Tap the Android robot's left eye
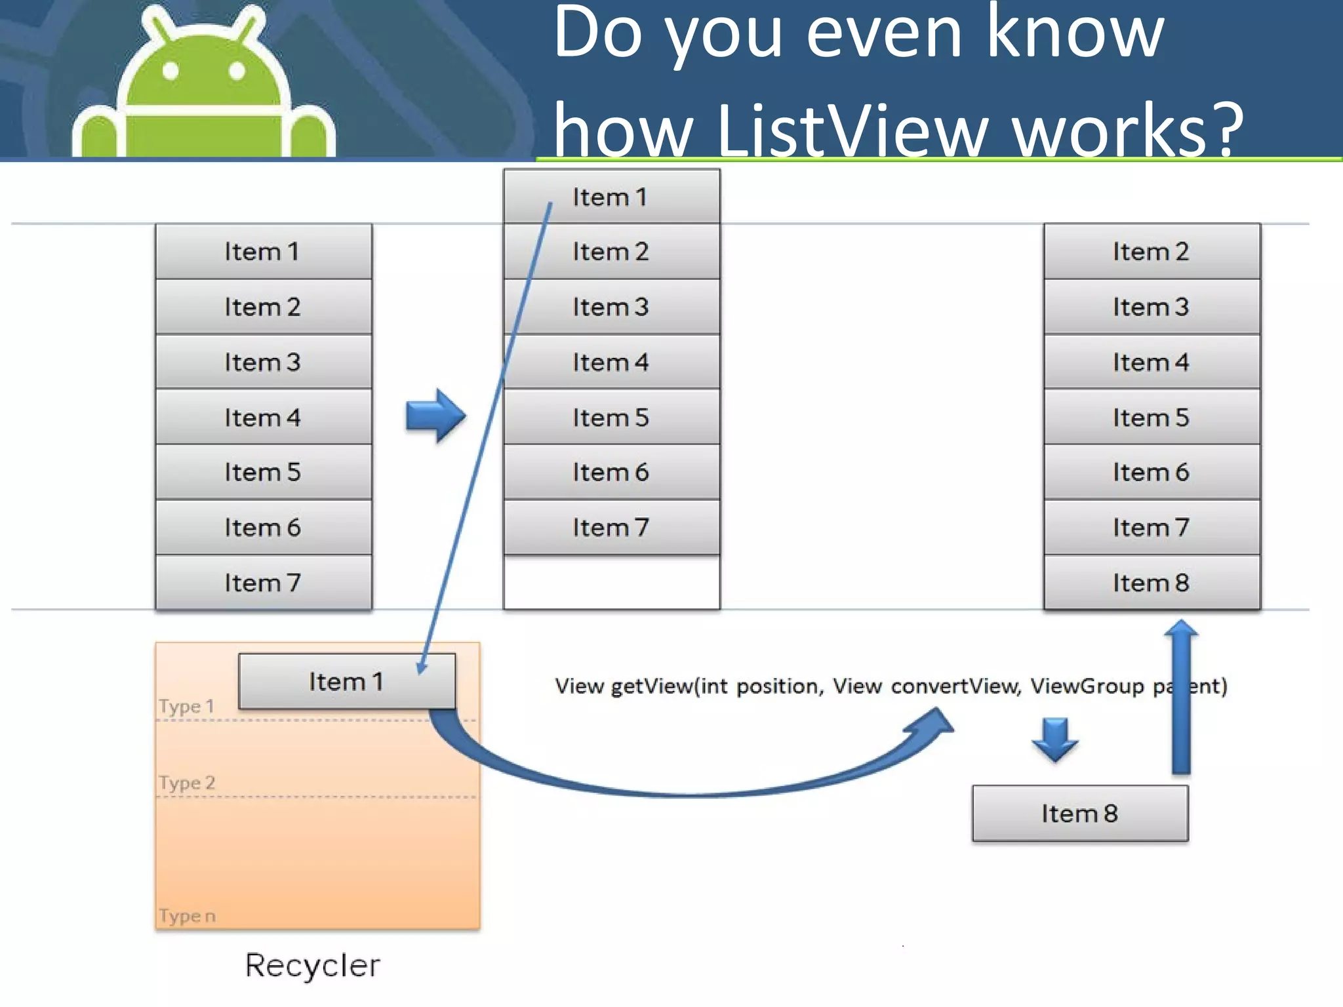click(170, 71)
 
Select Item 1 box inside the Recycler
click(346, 681)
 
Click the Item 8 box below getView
click(1080, 813)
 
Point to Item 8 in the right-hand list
click(1152, 582)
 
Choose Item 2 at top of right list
click(1152, 252)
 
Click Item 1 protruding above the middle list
click(611, 196)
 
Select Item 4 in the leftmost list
click(263, 417)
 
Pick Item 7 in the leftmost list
click(263, 582)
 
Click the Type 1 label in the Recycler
click(187, 706)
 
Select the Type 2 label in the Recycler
click(187, 783)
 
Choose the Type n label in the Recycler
click(187, 916)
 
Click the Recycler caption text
click(313, 965)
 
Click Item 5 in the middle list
click(611, 417)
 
